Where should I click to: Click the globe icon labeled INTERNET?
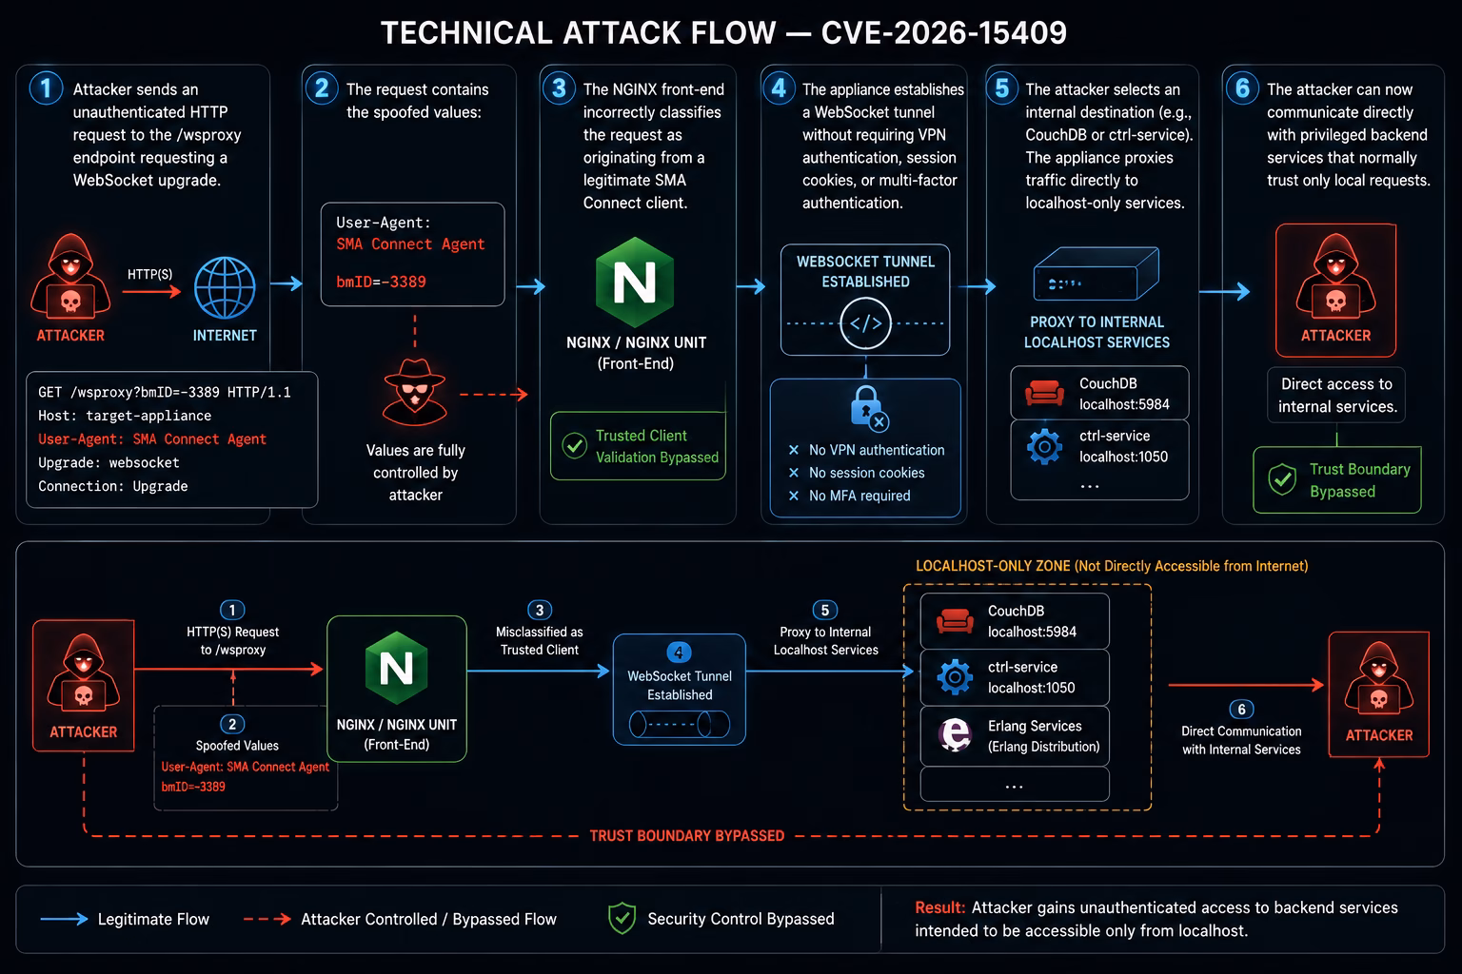[x=225, y=287]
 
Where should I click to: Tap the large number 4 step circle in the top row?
[x=779, y=88]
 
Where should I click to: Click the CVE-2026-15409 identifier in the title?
[x=944, y=32]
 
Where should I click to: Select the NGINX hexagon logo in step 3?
[x=635, y=282]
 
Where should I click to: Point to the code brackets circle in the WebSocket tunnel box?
[x=865, y=323]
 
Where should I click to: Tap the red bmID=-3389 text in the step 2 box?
[x=381, y=282]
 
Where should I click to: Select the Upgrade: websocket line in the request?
[x=109, y=462]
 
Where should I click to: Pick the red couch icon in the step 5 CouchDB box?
[x=1044, y=393]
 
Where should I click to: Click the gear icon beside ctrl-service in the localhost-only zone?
[x=955, y=677]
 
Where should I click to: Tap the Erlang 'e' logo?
[x=955, y=734]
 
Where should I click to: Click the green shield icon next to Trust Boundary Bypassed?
[x=1282, y=479]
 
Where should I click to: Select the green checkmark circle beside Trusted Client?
[x=574, y=446]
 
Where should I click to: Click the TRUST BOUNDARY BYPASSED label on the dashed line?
[x=686, y=836]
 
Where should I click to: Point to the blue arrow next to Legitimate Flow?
[x=64, y=919]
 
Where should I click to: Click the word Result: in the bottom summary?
[x=939, y=907]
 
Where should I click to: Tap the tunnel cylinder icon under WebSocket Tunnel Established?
[x=680, y=724]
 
